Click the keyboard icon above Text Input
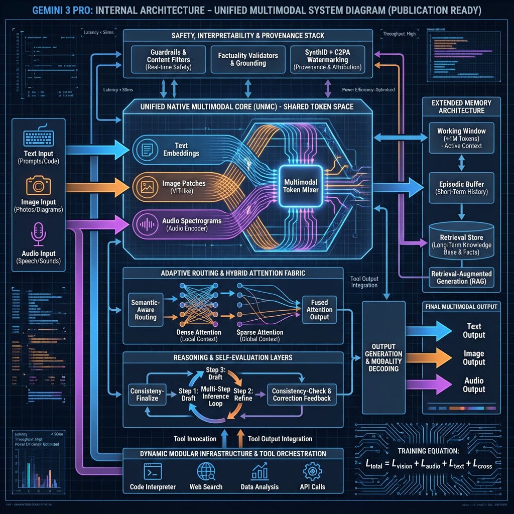[x=38, y=138]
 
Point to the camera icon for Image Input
[x=38, y=186]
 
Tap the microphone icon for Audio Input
[x=38, y=234]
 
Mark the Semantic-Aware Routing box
[x=146, y=310]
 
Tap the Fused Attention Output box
[x=319, y=310]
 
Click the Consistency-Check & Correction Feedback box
[x=302, y=395]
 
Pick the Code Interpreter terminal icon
[x=153, y=472]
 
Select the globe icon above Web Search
[x=206, y=472]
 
